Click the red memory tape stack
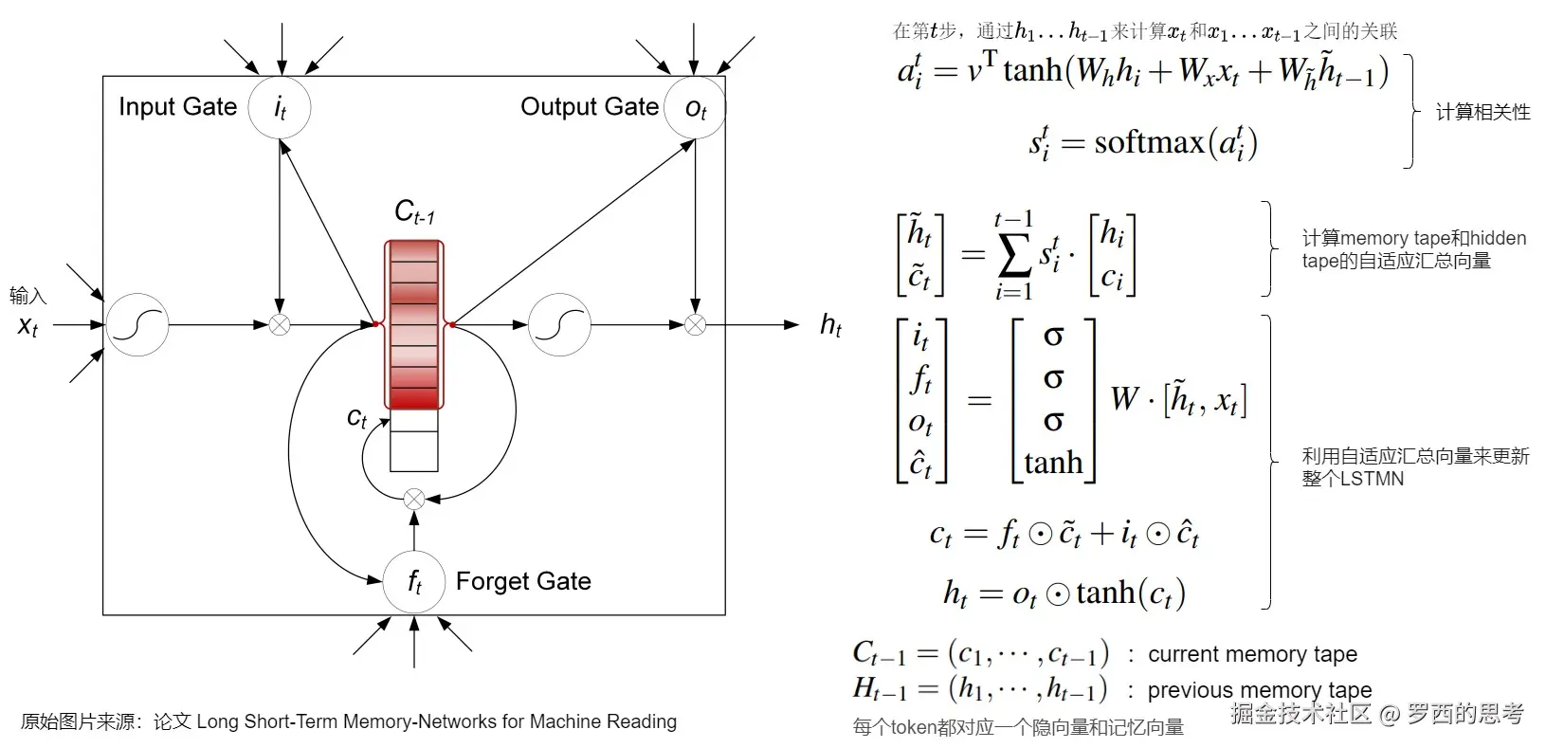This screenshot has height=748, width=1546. pyautogui.click(x=414, y=324)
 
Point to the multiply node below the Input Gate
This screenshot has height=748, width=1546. pyautogui.click(x=280, y=325)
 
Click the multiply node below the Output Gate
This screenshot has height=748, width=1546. pyautogui.click(x=695, y=325)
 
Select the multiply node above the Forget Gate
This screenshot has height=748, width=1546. pyautogui.click(x=414, y=499)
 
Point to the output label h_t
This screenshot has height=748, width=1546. pyautogui.click(x=831, y=325)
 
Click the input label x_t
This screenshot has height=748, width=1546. pyautogui.click(x=27, y=325)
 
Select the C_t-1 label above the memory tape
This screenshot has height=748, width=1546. pyautogui.click(x=415, y=211)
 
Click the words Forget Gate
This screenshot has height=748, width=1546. pyautogui.click(x=524, y=581)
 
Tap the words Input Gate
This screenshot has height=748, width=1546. pyautogui.click(x=178, y=106)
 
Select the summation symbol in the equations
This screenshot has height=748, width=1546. pyautogui.click(x=1014, y=255)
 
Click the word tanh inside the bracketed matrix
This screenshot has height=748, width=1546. pyautogui.click(x=1053, y=463)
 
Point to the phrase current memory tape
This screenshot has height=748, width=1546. pyautogui.click(x=1253, y=653)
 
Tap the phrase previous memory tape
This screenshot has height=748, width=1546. pyautogui.click(x=1260, y=689)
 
